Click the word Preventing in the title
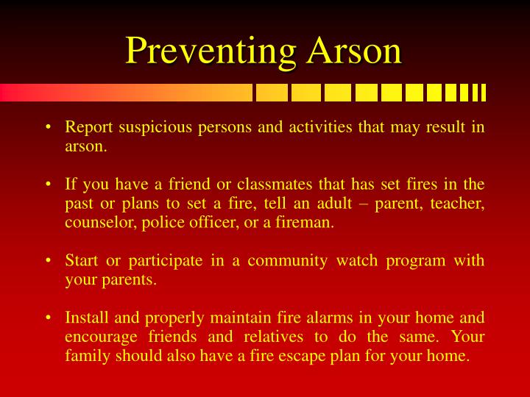coord(211,51)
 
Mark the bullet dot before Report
coord(48,128)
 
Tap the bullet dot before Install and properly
coord(48,318)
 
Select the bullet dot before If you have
coord(48,185)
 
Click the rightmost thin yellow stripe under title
coord(483,93)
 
